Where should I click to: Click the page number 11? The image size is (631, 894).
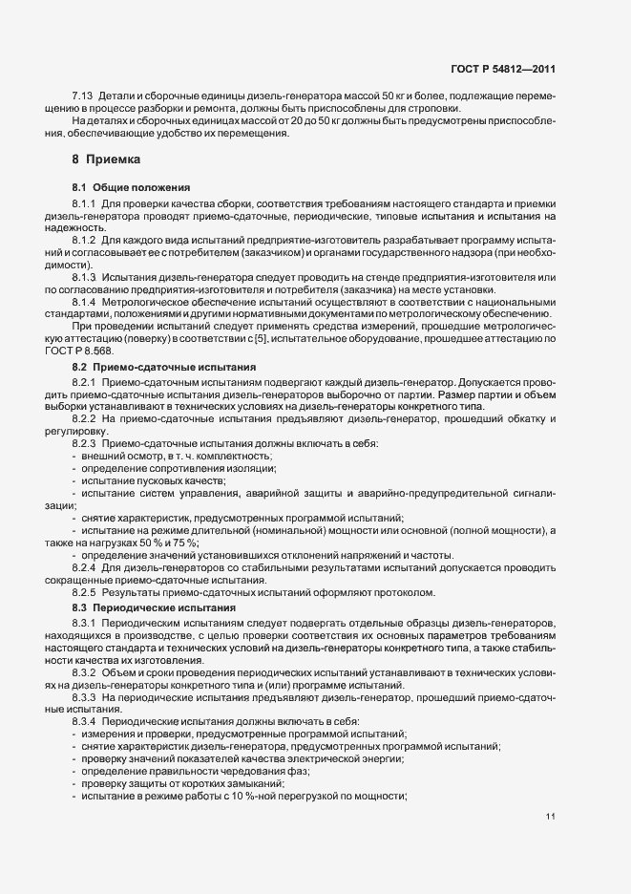pyautogui.click(x=551, y=817)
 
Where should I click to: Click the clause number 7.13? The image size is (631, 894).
pyautogui.click(x=83, y=97)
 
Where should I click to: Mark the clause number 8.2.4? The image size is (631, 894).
pyautogui.click(x=86, y=566)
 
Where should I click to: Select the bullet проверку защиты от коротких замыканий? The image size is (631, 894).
pyautogui.click(x=170, y=783)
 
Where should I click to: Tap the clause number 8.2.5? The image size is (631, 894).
pyautogui.click(x=86, y=593)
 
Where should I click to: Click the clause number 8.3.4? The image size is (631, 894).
pyautogui.click(x=86, y=721)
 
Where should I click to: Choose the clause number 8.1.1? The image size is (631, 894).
pyautogui.click(x=86, y=204)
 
